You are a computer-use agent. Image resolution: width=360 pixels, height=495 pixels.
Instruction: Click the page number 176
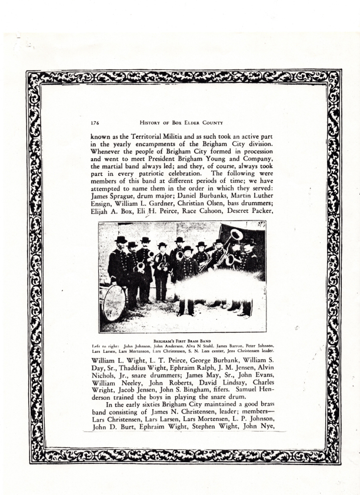[94, 123]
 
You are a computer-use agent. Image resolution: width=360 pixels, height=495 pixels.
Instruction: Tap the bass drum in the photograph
[114, 303]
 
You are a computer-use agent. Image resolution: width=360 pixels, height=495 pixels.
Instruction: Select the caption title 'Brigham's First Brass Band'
[182, 340]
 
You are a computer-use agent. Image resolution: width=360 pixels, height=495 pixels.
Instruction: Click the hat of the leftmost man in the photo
[121, 240]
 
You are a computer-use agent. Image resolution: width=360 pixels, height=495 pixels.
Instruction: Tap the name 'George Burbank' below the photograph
[205, 366]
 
